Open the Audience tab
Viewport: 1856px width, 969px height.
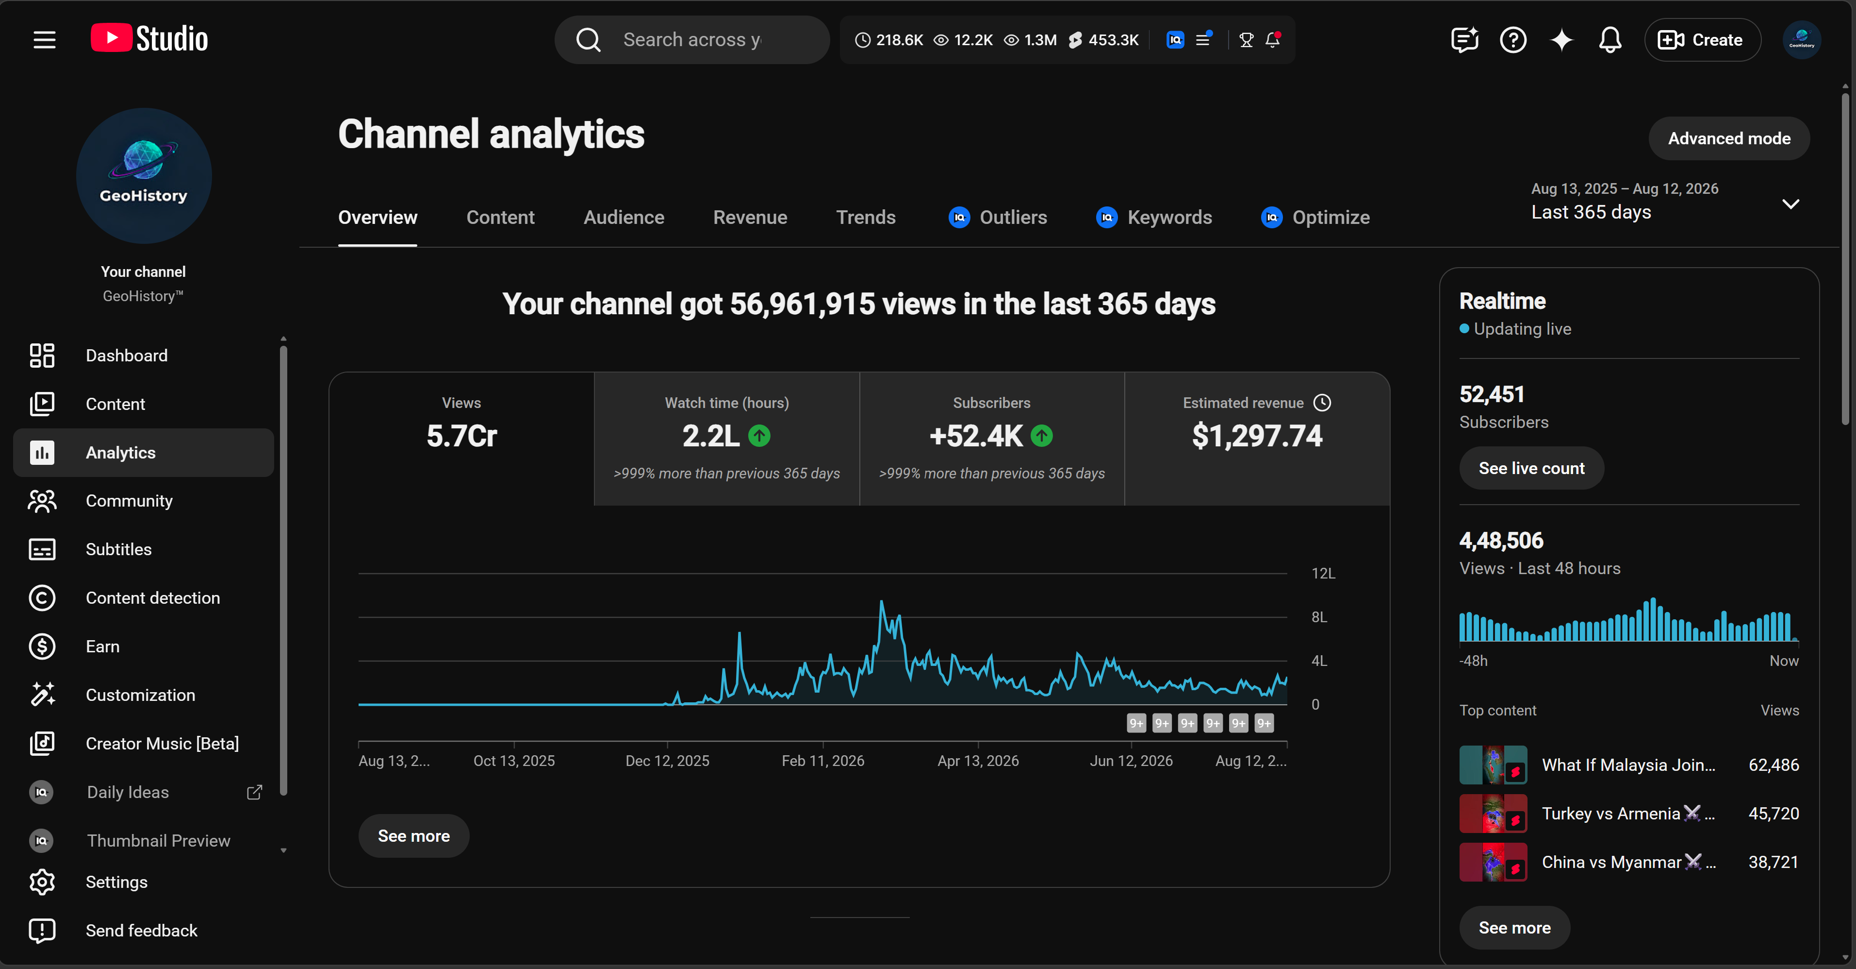click(x=624, y=217)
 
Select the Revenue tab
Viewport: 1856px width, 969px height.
click(x=750, y=217)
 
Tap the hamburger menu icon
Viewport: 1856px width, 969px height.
click(x=45, y=40)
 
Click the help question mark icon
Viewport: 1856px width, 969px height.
click(x=1513, y=40)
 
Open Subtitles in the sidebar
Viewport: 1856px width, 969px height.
click(x=118, y=549)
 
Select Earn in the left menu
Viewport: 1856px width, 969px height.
click(x=102, y=646)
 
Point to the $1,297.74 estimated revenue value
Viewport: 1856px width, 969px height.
click(x=1257, y=436)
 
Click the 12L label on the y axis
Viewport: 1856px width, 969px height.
click(x=1323, y=573)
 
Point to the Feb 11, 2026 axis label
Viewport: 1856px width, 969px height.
click(x=823, y=761)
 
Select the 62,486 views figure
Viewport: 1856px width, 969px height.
click(x=1773, y=765)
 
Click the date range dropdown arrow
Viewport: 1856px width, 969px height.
click(x=1790, y=204)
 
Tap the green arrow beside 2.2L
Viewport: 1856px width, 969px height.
click(x=759, y=436)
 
